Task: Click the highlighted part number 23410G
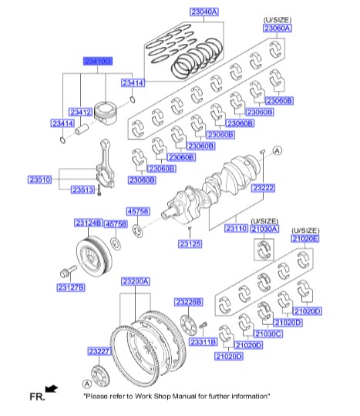pyautogui.click(x=98, y=60)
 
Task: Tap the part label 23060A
pyautogui.click(x=278, y=28)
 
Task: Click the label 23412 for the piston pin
pyautogui.click(x=81, y=112)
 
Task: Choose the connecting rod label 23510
pyautogui.click(x=39, y=179)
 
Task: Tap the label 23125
pyautogui.click(x=190, y=244)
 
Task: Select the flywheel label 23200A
pyautogui.click(x=136, y=282)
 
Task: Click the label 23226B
pyautogui.click(x=187, y=301)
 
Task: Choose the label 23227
pyautogui.click(x=99, y=351)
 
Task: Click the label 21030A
pyautogui.click(x=264, y=229)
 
